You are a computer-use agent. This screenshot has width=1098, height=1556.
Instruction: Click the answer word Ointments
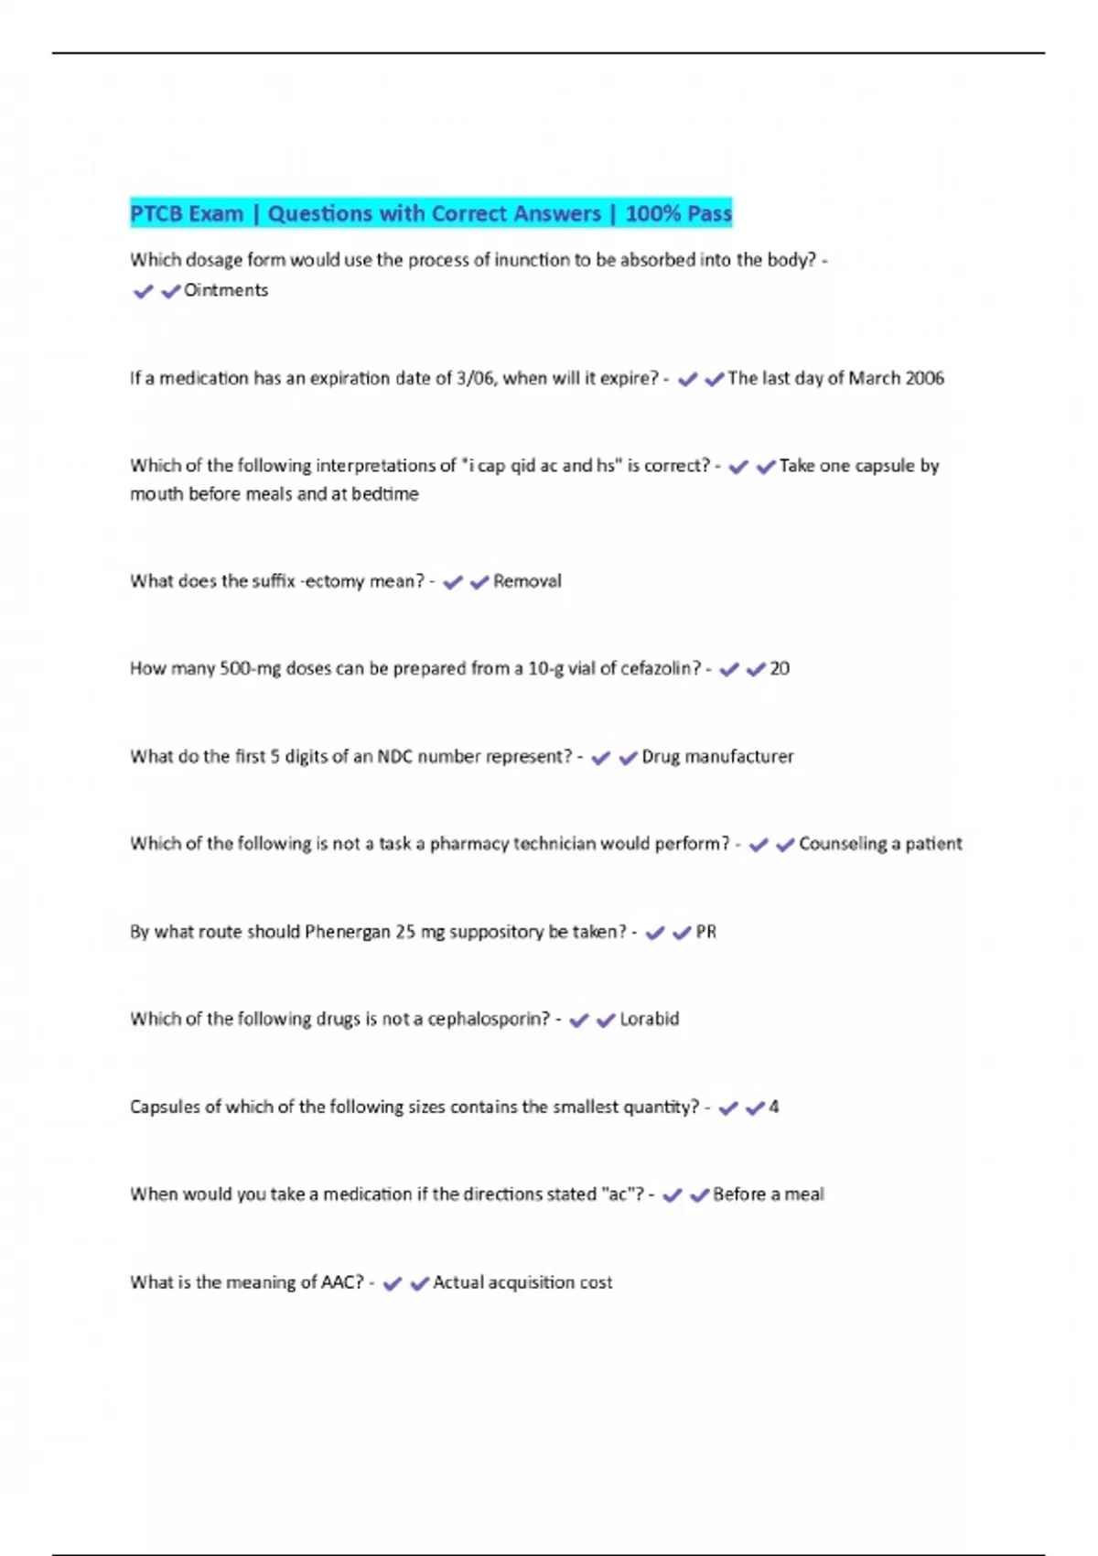pyautogui.click(x=226, y=290)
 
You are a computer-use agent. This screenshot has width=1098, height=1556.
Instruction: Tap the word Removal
pyautogui.click(x=527, y=581)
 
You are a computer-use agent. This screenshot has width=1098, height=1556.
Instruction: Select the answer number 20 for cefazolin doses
pyautogui.click(x=780, y=668)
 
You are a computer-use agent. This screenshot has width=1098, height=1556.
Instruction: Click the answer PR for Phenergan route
pyautogui.click(x=706, y=932)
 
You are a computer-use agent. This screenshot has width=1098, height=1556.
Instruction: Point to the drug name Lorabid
pyautogui.click(x=650, y=1019)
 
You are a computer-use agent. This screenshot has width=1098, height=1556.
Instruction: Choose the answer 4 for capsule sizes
pyautogui.click(x=773, y=1107)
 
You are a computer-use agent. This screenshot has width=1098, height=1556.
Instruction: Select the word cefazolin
pyautogui.click(x=659, y=668)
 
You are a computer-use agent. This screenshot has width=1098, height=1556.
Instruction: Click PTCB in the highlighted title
pyautogui.click(x=155, y=213)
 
